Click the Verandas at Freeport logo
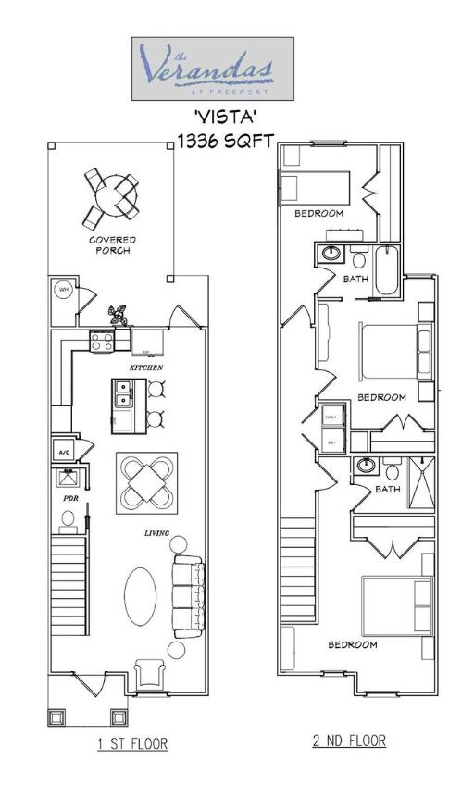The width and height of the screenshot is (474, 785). (x=212, y=69)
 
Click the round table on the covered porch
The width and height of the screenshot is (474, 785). (x=112, y=195)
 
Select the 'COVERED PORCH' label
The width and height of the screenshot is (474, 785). (x=112, y=245)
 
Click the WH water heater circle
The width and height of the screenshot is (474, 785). (x=64, y=290)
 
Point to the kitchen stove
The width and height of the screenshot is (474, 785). (x=101, y=342)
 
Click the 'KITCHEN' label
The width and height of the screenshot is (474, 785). (x=146, y=368)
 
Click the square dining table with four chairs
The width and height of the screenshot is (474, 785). (x=147, y=482)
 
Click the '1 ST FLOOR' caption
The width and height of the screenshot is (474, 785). (x=132, y=742)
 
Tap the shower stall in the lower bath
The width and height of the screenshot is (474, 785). (x=421, y=480)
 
